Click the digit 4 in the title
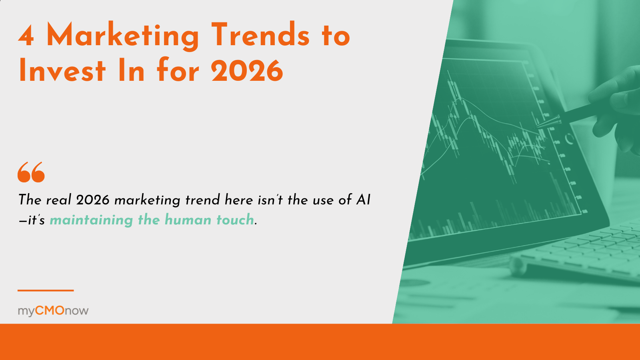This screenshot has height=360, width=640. (26, 36)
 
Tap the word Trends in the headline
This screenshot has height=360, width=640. (260, 34)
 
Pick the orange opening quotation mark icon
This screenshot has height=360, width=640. (31, 172)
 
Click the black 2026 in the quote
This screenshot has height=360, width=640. (93, 200)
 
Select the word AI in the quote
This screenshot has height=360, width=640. (364, 200)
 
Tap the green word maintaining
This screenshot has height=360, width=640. (92, 220)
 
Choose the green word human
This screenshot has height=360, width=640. (188, 220)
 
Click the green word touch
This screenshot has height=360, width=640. (235, 220)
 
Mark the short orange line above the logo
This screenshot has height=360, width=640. (46, 290)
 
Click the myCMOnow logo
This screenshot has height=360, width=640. (53, 311)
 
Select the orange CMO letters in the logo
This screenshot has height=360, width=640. (50, 310)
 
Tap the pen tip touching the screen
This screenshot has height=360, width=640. (537, 126)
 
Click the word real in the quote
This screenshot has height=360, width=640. (58, 200)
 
